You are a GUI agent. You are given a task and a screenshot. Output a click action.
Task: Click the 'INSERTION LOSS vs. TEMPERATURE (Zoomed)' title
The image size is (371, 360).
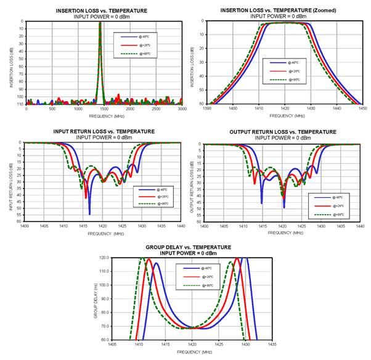point(285,11)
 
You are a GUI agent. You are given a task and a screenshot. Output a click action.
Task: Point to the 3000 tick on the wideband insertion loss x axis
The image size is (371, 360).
point(182,108)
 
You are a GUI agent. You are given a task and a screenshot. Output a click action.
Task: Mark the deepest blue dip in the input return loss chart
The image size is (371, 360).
point(89,213)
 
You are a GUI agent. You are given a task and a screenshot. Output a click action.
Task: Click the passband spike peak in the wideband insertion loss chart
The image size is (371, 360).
point(100,23)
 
